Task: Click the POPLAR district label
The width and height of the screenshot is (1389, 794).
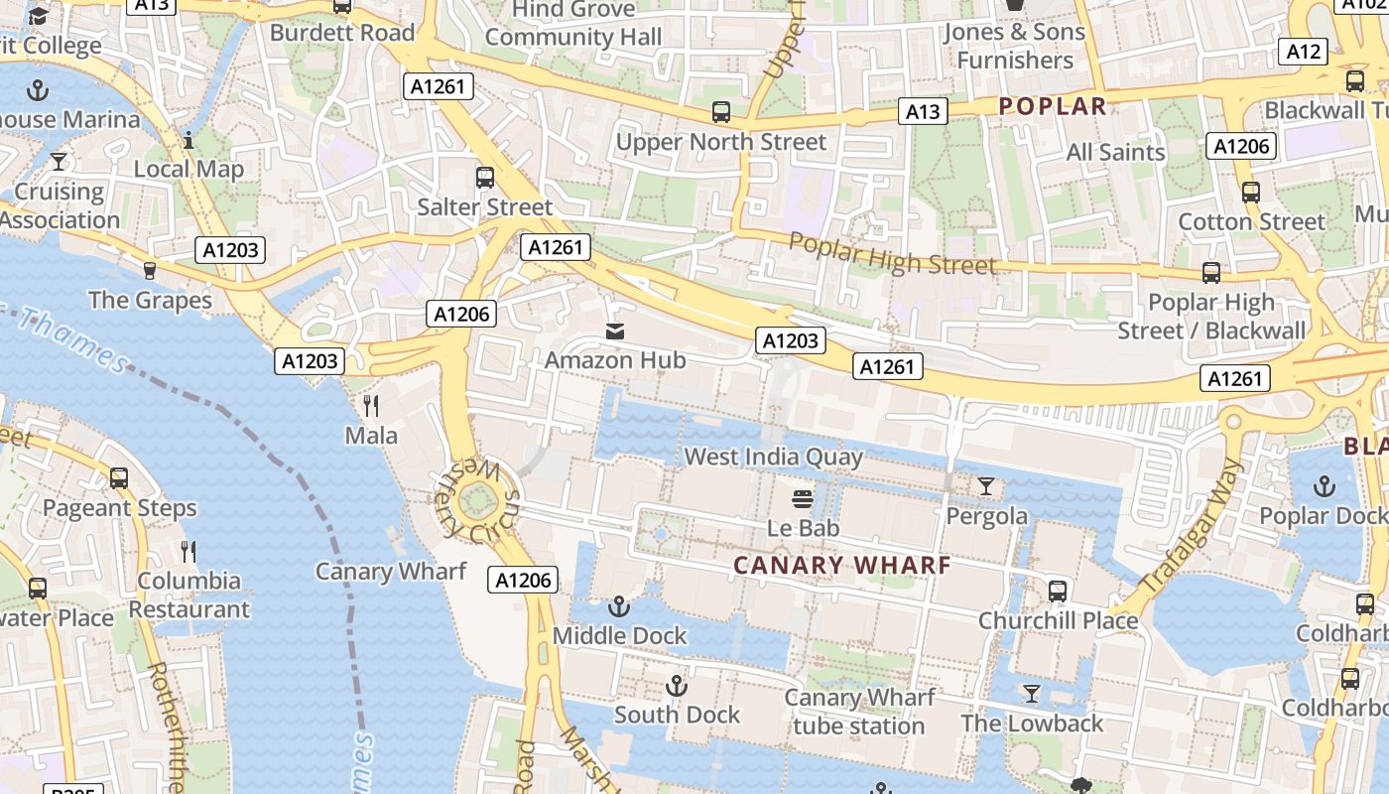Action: (x=1052, y=106)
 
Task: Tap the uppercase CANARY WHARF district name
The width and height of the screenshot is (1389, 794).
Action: (x=842, y=566)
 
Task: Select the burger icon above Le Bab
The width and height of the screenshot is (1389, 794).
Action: (x=803, y=498)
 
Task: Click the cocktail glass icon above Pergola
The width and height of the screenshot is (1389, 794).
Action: (x=985, y=486)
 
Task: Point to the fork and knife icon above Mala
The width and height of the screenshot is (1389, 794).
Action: (x=371, y=405)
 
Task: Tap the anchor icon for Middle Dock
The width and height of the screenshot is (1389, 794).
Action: (x=619, y=605)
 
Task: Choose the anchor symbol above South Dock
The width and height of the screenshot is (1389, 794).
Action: (x=676, y=685)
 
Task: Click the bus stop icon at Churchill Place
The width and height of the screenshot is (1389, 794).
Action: (x=1058, y=592)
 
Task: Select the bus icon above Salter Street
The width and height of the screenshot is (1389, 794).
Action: (x=484, y=178)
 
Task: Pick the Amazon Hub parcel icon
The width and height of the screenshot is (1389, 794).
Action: (x=615, y=331)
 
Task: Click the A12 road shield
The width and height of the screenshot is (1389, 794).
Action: (x=1304, y=52)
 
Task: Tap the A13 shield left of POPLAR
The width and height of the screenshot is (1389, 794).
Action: (x=923, y=112)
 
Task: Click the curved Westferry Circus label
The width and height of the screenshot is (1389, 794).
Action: (x=477, y=499)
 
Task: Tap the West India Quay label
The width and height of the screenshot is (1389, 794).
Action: (x=774, y=458)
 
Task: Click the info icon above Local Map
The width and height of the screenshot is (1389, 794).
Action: (x=189, y=140)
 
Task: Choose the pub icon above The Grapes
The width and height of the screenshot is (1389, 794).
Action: (x=150, y=270)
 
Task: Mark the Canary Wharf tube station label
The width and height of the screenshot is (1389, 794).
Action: (x=859, y=712)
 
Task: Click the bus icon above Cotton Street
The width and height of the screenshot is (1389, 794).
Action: (x=1250, y=193)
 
